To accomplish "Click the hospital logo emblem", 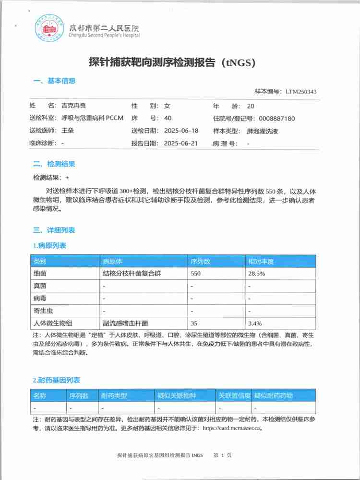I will click(49, 28).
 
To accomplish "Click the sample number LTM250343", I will click(300, 92).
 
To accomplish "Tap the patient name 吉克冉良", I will click(74, 106).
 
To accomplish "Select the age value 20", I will click(251, 106).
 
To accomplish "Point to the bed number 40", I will click(168, 118).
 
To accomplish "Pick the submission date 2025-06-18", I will click(181, 131).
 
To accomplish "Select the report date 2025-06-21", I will click(181, 143).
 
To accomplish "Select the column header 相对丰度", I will click(261, 262).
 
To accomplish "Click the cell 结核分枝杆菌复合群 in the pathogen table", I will click(130, 274).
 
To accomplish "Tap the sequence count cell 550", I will click(195, 274).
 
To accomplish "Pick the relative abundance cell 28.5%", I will click(256, 274).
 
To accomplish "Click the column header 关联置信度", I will click(235, 396).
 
